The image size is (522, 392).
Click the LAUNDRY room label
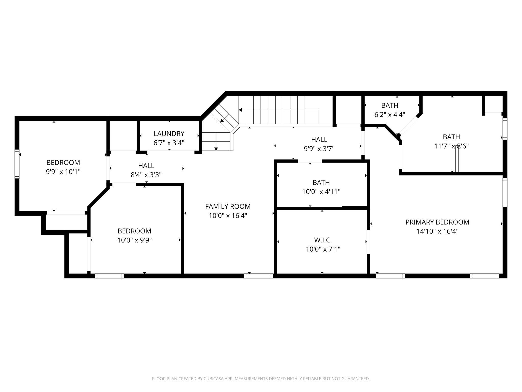pos(169,134)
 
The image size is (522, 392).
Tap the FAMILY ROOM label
pos(228,206)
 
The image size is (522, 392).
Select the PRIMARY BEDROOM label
pos(437,222)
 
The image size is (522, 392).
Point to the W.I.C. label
pos(323,240)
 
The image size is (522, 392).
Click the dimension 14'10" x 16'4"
pos(437,231)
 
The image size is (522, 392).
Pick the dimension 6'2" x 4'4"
pos(389,115)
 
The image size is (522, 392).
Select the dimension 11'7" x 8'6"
pos(451,146)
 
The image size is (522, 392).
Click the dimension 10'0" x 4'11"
pos(321,192)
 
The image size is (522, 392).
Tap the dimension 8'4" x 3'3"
pos(146,175)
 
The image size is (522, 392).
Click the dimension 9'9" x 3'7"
pos(319,149)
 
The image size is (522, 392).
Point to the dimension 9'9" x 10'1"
pos(63,172)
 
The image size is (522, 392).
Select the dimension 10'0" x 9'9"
pos(134,240)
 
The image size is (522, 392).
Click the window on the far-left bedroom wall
pos(17,164)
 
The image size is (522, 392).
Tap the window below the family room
pos(258,276)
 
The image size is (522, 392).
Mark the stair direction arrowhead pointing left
pos(240,110)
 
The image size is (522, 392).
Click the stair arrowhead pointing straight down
pos(216,149)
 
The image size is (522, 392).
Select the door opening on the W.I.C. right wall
pos(368,242)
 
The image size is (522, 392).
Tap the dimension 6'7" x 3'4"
pos(169,143)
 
